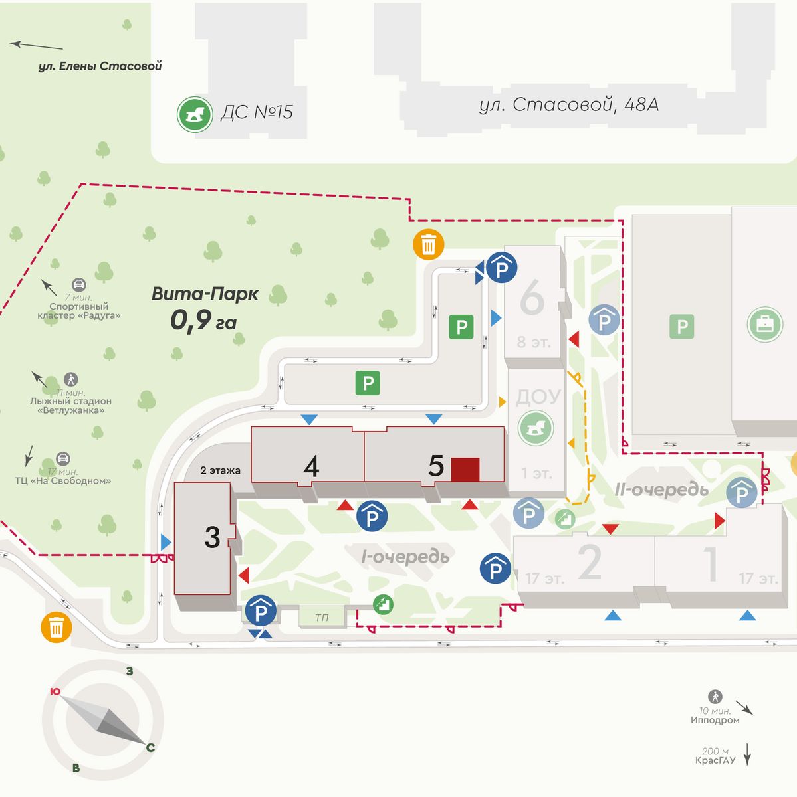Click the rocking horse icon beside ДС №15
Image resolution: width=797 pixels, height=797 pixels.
pos(194,114)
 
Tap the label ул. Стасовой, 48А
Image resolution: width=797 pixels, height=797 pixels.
pos(568,105)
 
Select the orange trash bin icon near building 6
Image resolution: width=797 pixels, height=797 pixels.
pos(429,245)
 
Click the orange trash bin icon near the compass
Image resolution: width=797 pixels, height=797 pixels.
pos(57,627)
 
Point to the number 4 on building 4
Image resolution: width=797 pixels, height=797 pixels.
pos(311,466)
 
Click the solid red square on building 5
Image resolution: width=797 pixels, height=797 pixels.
pos(465,469)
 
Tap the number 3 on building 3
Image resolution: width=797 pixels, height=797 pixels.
pos(212,537)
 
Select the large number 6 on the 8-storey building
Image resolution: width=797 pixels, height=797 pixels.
pos(532,299)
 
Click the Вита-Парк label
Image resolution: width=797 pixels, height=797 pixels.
pos(205,294)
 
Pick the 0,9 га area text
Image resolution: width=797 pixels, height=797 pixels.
pos(203,321)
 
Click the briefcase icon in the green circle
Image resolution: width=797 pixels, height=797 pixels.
pos(764,325)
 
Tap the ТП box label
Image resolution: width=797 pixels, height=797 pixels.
pos(322,618)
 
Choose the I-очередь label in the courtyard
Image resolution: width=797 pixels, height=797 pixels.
pos(405,556)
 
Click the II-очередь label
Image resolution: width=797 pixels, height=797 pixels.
pos(661,490)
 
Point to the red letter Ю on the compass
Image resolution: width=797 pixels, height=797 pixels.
pos(55,692)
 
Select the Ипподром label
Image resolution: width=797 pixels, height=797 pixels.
pos(715,720)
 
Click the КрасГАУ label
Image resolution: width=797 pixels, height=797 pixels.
pos(715,760)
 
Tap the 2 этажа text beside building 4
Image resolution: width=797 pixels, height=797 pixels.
pos(221,470)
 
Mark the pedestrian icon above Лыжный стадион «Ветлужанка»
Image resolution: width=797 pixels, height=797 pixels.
pos(71,379)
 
